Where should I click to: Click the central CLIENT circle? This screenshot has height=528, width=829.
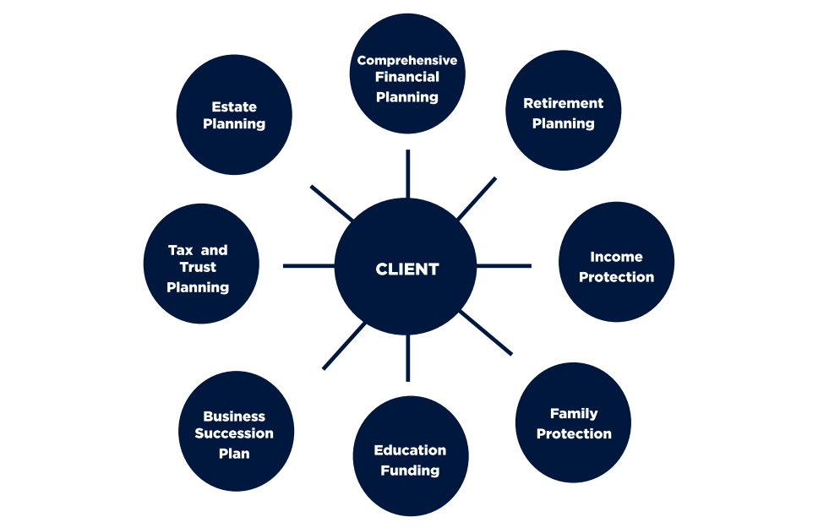pyautogui.click(x=407, y=269)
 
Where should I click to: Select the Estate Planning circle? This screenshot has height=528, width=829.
pyautogui.click(x=234, y=116)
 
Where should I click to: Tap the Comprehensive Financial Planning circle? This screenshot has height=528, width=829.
pyautogui.click(x=407, y=73)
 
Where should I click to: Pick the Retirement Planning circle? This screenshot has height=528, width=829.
pyautogui.click(x=563, y=111)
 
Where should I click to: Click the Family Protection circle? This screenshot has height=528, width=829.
pyautogui.click(x=574, y=422)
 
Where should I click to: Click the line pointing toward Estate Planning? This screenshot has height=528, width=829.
pyautogui.click(x=332, y=203)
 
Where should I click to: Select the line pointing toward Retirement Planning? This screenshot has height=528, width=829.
pyautogui.click(x=477, y=199)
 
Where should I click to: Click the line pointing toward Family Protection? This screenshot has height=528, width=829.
pyautogui.click(x=486, y=332)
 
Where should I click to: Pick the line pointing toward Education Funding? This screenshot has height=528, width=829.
pyautogui.click(x=407, y=357)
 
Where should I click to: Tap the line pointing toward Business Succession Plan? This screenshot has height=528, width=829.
pyautogui.click(x=344, y=346)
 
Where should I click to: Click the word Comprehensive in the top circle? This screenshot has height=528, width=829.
pyautogui.click(x=407, y=60)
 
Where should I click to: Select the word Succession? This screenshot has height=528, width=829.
pyautogui.click(x=234, y=433)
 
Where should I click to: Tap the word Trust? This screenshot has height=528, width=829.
pyautogui.click(x=198, y=267)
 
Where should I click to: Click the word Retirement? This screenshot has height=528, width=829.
pyautogui.click(x=563, y=103)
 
